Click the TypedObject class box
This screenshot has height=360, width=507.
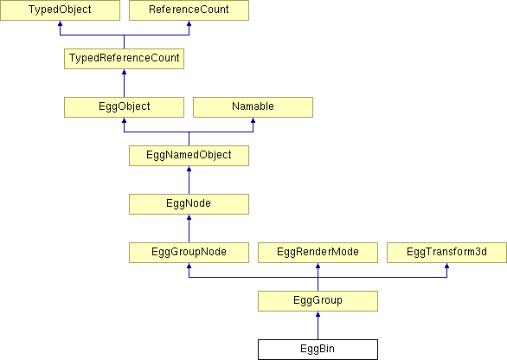(x=60, y=10)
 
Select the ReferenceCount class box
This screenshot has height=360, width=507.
(x=189, y=10)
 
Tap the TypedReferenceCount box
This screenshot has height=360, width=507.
(x=125, y=59)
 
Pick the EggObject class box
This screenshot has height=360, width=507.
(x=125, y=107)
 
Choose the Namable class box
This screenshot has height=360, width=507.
(x=253, y=107)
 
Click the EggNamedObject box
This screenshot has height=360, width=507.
(x=189, y=156)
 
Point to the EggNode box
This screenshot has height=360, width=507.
(x=189, y=204)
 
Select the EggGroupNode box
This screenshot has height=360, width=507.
(x=189, y=253)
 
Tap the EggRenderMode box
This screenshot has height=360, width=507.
(x=318, y=253)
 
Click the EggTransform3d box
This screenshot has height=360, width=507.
(x=446, y=253)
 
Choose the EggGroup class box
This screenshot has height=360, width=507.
(x=318, y=301)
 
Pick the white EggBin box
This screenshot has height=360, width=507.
(x=318, y=350)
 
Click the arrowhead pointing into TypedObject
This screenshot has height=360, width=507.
(x=60, y=23)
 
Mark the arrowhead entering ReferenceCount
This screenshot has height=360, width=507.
(x=189, y=23)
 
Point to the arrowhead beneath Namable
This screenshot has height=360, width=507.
(x=253, y=120)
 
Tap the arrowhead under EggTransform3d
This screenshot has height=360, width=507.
(x=446, y=266)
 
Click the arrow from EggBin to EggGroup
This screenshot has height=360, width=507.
(x=318, y=325)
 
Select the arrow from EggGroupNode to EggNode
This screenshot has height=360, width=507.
(x=189, y=228)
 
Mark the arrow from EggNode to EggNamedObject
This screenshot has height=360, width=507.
(x=189, y=180)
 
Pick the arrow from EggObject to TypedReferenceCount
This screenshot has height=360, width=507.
(x=125, y=83)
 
